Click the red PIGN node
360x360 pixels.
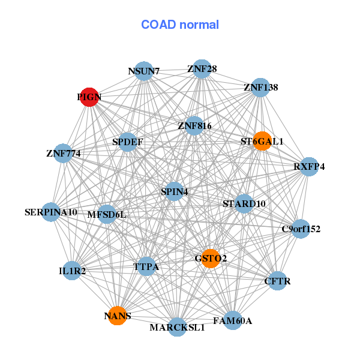(89, 97)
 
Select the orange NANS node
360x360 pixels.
(118, 316)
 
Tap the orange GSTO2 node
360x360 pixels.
(211, 259)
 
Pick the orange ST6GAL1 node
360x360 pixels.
(262, 141)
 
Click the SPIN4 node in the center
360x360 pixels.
(174, 191)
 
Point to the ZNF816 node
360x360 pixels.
(194, 125)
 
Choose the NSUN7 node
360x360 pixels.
(144, 71)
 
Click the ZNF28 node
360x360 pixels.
(202, 69)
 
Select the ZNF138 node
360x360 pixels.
(260, 88)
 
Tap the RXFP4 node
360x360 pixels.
(309, 167)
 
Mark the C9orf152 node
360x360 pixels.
(301, 229)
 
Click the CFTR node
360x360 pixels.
(277, 281)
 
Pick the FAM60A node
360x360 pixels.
(233, 320)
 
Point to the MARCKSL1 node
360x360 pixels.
(177, 327)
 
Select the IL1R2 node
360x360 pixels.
(72, 271)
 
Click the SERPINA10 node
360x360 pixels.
(51, 212)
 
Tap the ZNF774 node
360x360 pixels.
(63, 153)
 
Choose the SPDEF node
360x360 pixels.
(127, 142)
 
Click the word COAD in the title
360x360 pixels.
(158, 25)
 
